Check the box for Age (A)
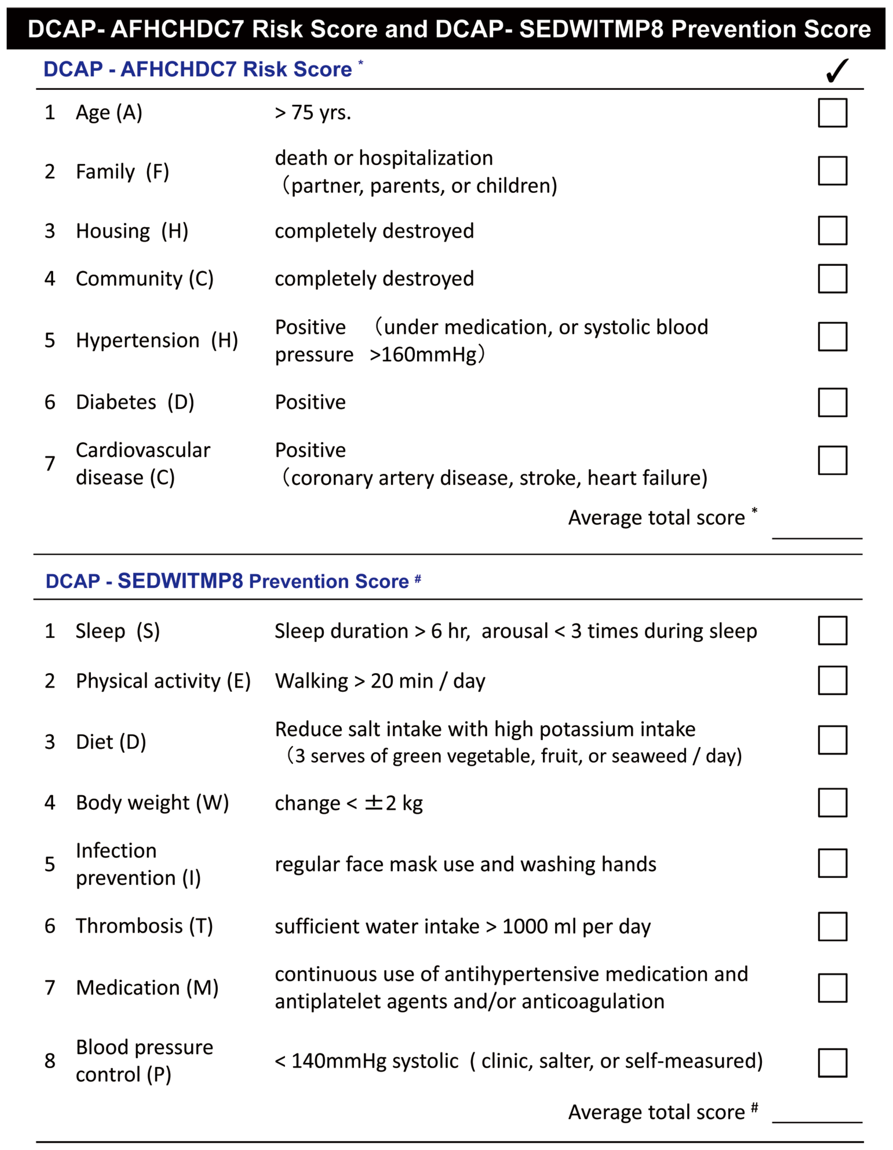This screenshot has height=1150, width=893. pyautogui.click(x=832, y=113)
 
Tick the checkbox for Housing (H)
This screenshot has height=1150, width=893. pyautogui.click(x=832, y=231)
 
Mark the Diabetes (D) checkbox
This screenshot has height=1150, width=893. pyautogui.click(x=832, y=402)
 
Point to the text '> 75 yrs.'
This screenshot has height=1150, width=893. pyautogui.click(x=313, y=113)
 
